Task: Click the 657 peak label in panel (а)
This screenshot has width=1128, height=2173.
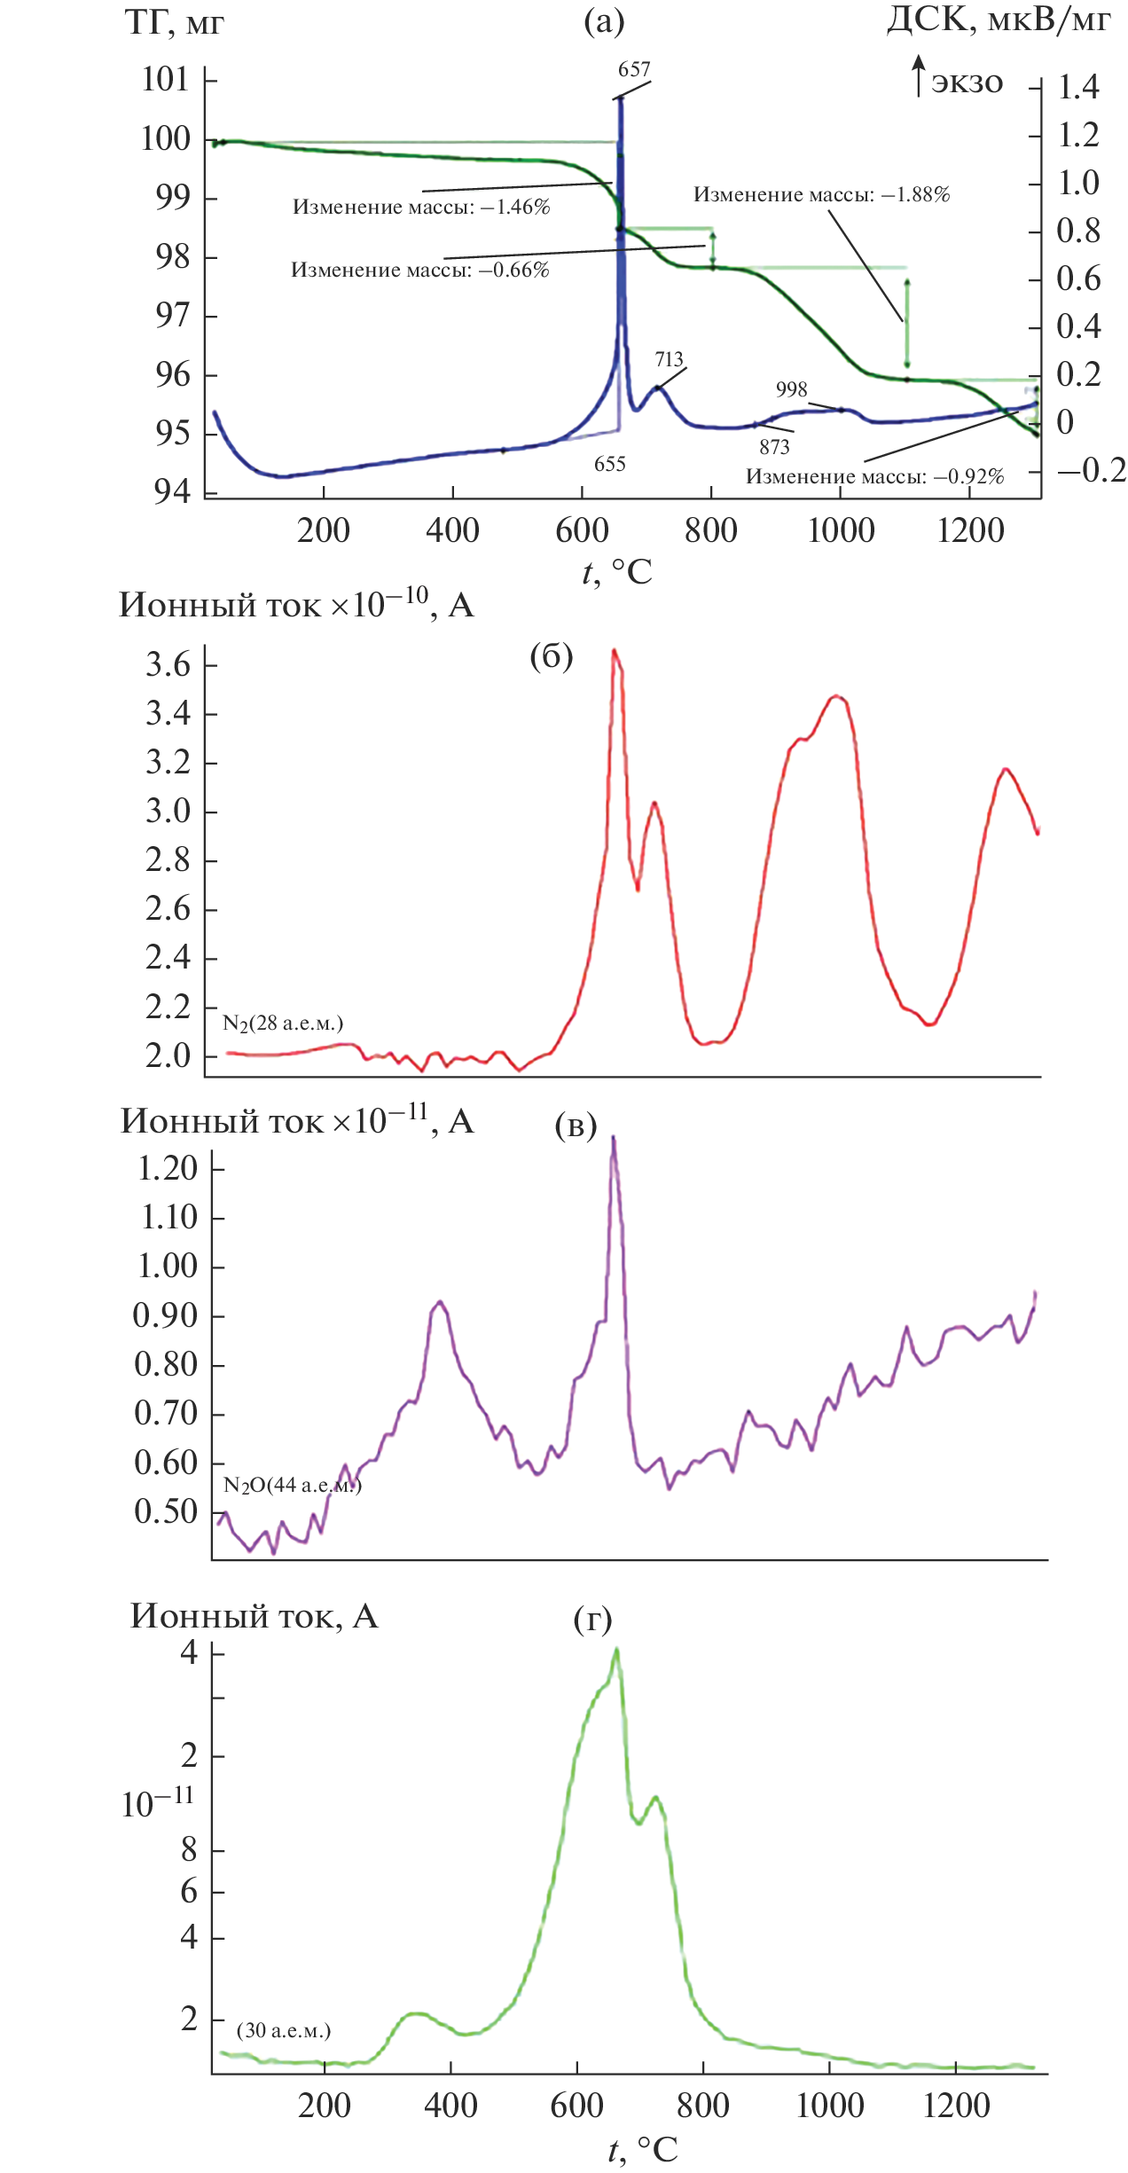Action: (634, 70)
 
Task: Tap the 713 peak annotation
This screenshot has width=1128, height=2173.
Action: (670, 359)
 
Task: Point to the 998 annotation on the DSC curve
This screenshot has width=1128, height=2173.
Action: (791, 389)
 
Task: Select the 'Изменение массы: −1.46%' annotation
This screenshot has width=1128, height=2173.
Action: (421, 208)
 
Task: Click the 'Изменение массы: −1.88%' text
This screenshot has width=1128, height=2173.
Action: (821, 195)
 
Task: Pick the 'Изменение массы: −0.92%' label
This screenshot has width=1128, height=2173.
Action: (874, 477)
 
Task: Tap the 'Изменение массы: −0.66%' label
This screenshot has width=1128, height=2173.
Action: (420, 271)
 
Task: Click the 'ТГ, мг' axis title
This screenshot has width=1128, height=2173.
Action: (174, 23)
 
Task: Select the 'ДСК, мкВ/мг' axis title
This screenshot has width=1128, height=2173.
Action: (998, 20)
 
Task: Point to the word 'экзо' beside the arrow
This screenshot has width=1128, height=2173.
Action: (967, 82)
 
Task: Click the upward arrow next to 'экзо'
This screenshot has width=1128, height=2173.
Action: (919, 75)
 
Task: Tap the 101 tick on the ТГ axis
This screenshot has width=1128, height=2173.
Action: (166, 80)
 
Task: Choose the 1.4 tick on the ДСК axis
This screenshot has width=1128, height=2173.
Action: (1078, 87)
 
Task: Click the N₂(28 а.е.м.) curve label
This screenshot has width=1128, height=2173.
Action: (283, 1024)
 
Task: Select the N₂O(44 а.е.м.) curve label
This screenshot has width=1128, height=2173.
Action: (292, 1485)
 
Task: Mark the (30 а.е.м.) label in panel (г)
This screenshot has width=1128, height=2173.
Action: (284, 2030)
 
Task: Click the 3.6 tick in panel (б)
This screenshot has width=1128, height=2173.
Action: (168, 665)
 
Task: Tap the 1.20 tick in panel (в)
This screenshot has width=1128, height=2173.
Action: (167, 1168)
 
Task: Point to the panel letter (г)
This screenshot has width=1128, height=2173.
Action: (592, 1620)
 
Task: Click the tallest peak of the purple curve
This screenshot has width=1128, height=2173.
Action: (613, 1139)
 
